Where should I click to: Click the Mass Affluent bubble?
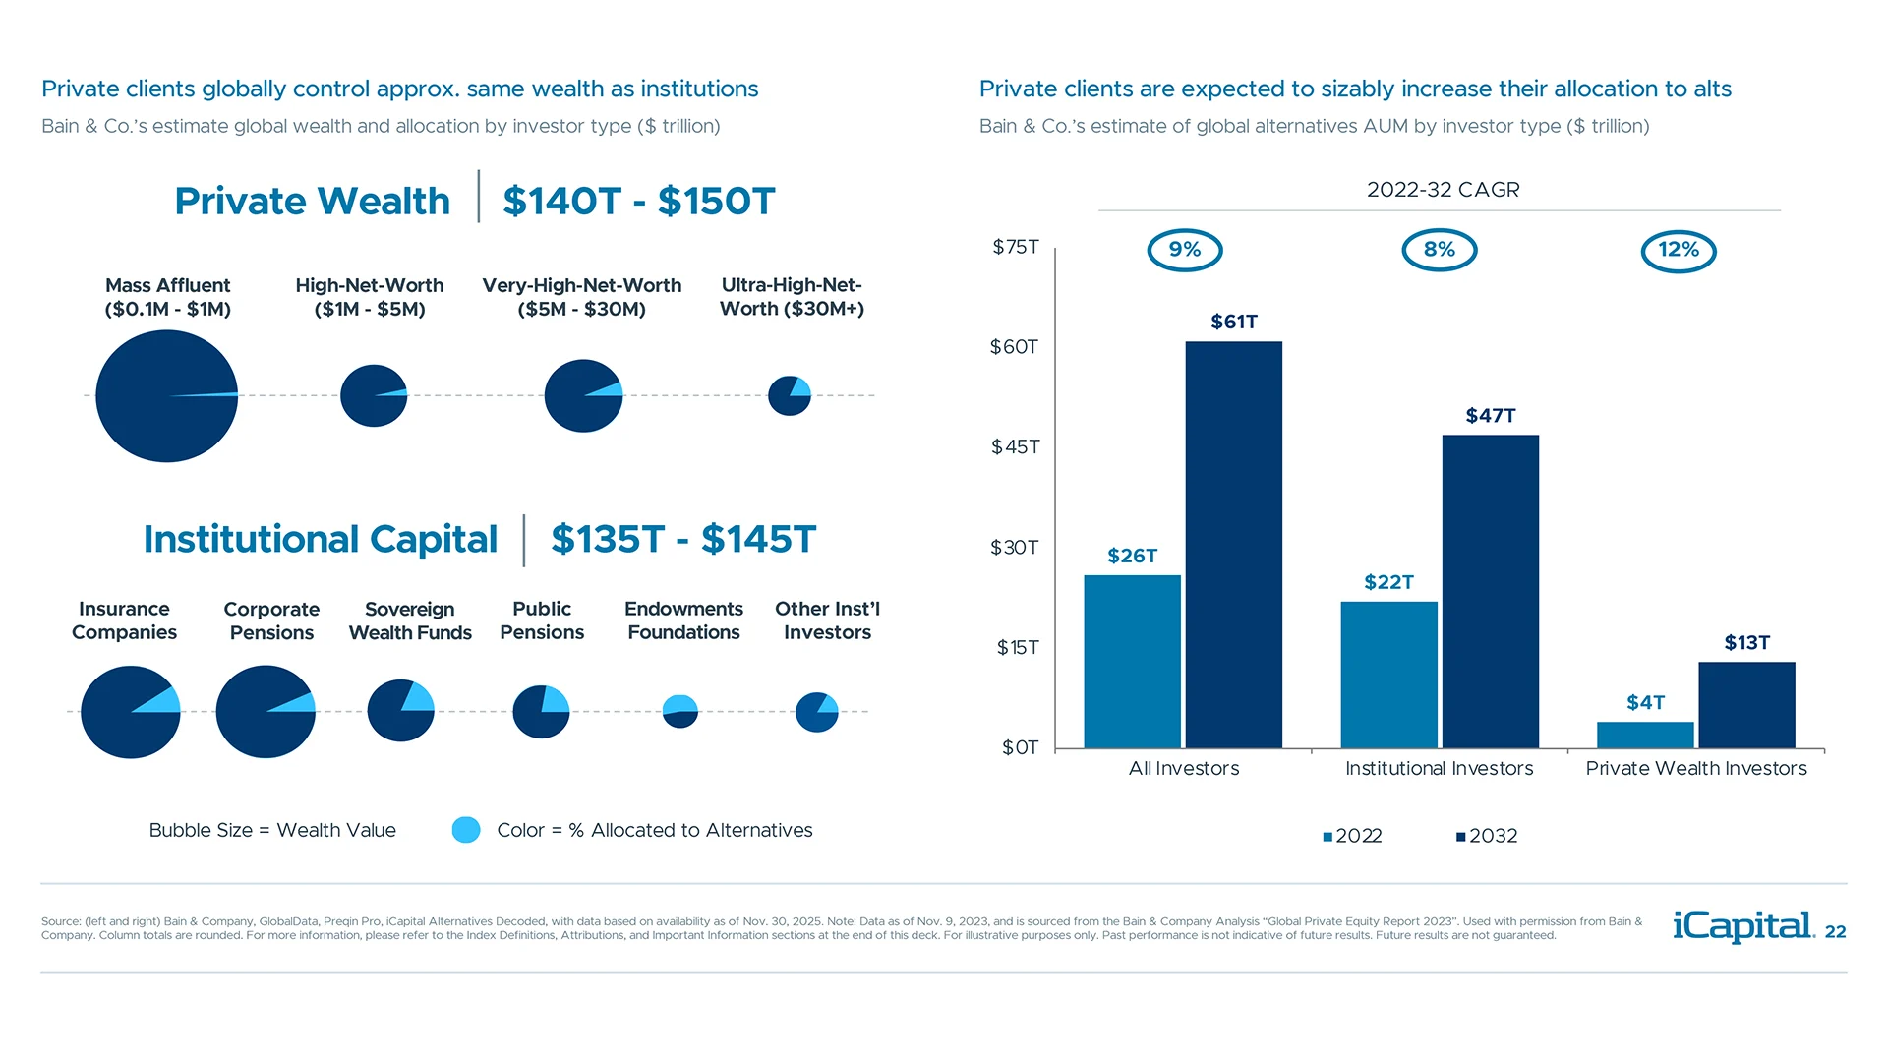click(x=166, y=395)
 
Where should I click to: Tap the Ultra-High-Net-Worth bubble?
click(x=789, y=395)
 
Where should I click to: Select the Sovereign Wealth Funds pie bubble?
click(x=400, y=710)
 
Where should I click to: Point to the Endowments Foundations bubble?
click(x=679, y=711)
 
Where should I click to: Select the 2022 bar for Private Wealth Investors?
click(x=1645, y=735)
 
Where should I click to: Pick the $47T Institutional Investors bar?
click(x=1490, y=590)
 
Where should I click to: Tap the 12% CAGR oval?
click(x=1678, y=250)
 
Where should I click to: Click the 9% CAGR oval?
click(x=1184, y=250)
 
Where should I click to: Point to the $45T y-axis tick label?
click(x=1015, y=447)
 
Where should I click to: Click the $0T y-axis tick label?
click(x=1020, y=747)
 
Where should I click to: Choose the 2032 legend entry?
click(x=1487, y=836)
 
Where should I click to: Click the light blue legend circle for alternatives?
click(x=466, y=830)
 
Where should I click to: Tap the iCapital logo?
click(x=1742, y=926)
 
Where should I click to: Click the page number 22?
click(x=1835, y=932)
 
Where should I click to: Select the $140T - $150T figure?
click(x=638, y=201)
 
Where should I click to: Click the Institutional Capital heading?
click(x=321, y=539)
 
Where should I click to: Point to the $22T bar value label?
click(x=1388, y=582)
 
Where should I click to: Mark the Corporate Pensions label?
click(x=271, y=620)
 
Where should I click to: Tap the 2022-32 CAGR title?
click(x=1443, y=190)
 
